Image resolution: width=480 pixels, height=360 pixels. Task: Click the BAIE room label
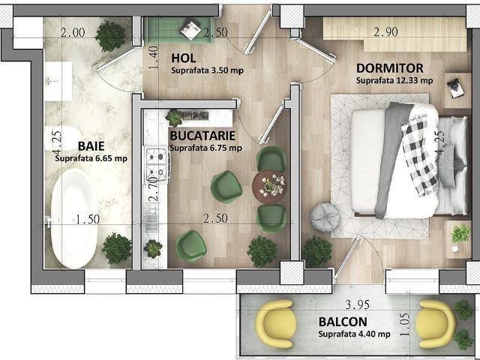point(91,145)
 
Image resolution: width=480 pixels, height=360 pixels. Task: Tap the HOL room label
point(184,58)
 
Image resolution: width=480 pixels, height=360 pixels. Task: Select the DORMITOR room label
point(388,68)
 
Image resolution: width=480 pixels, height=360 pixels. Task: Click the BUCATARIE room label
point(202,136)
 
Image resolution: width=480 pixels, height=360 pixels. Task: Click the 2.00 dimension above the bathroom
point(73,32)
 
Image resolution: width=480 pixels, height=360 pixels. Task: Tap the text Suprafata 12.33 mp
point(394,80)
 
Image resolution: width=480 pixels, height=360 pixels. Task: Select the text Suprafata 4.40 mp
point(354,334)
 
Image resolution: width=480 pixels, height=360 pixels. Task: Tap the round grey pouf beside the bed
point(325,217)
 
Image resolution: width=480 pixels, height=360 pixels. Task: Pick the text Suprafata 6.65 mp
point(91,158)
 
